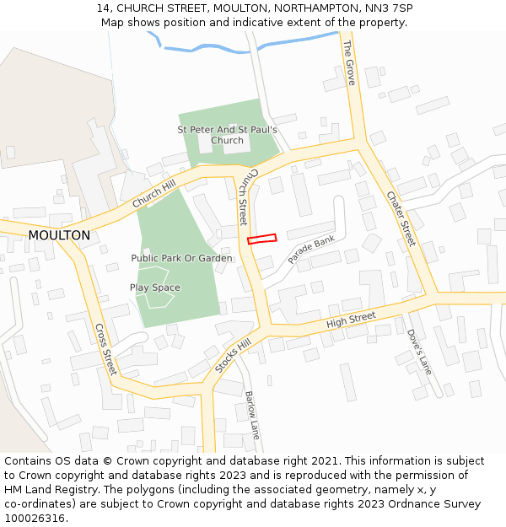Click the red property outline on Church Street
coord(262,239)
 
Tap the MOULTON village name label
coord(59,235)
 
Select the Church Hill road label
coord(153,194)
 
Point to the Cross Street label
coord(105,348)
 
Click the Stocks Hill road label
coord(233,356)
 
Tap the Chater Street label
coord(401,218)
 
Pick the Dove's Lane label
coord(418,351)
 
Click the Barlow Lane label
coord(251,414)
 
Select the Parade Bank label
coord(311,250)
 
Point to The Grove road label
coord(350,62)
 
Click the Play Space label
coord(154,288)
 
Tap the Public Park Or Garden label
coord(181,258)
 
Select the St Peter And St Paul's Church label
coord(227,135)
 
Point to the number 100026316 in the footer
coord(34,518)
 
